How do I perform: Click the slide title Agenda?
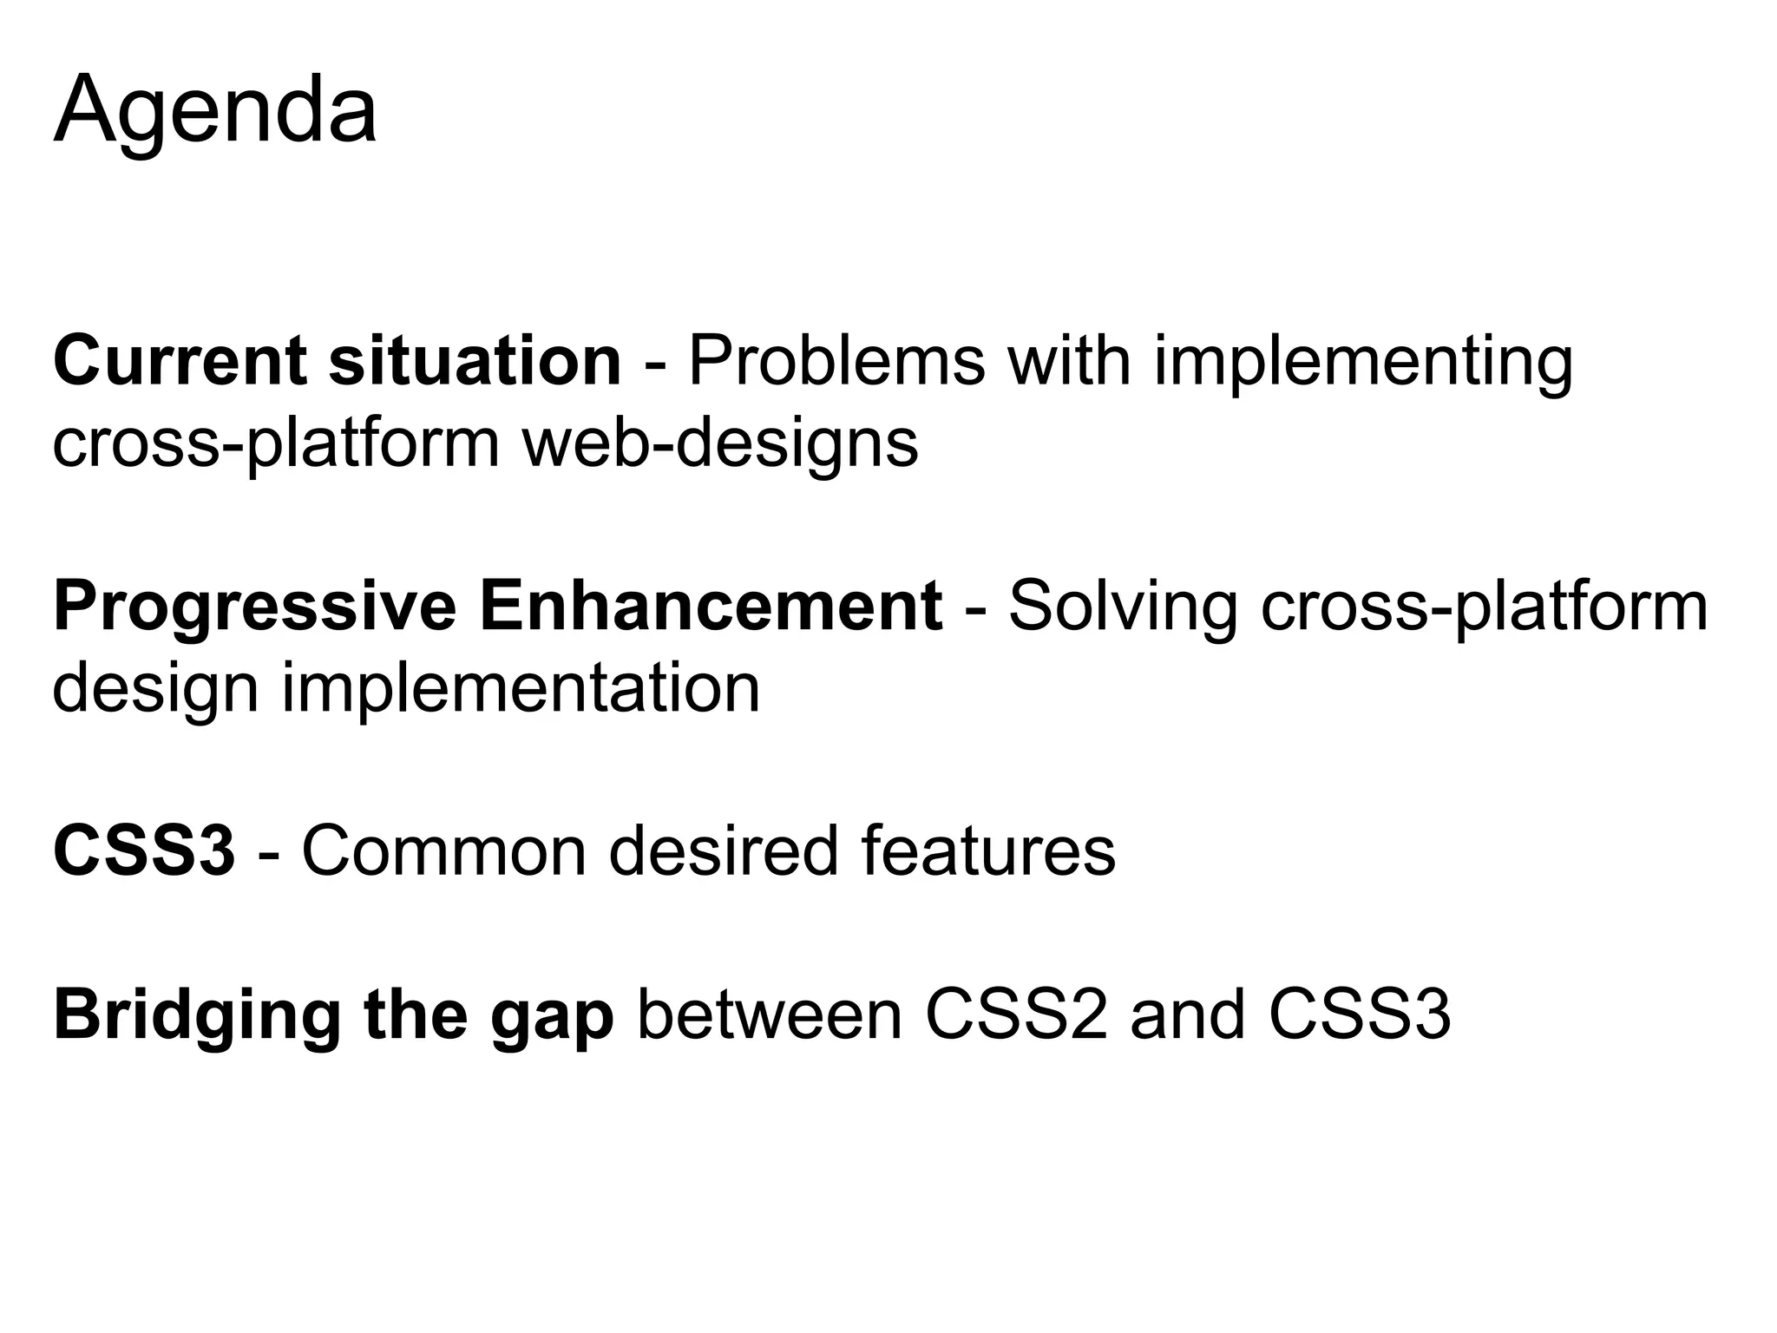point(215,111)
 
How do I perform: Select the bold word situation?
point(475,361)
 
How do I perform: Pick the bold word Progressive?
point(254,607)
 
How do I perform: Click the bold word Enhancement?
point(711,607)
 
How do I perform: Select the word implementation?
point(520,688)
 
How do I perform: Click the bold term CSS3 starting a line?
point(144,851)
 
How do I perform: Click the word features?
point(988,851)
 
